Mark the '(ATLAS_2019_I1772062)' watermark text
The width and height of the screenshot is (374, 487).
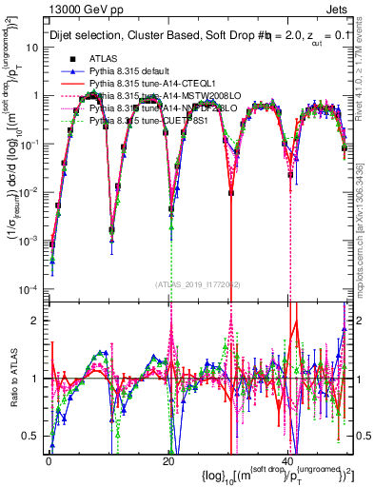pos(196,284)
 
